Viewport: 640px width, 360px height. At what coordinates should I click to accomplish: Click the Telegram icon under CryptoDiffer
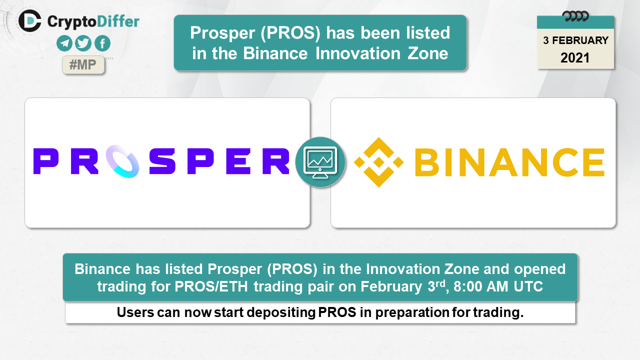64,43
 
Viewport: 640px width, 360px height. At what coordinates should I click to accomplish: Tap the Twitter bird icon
83,43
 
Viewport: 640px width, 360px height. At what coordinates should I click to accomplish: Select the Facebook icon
102,43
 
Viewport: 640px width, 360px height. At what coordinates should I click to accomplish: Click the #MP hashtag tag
83,64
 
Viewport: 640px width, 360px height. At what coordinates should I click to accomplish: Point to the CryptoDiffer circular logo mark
29,21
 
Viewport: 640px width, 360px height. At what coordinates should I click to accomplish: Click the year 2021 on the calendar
575,58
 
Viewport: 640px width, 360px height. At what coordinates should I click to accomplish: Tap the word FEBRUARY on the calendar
580,40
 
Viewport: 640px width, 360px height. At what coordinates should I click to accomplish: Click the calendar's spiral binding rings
575,16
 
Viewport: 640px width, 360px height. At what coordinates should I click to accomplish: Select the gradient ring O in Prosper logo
122,161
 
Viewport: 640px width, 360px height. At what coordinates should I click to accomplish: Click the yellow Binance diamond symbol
379,162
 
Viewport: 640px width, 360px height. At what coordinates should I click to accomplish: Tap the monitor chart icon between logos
320,162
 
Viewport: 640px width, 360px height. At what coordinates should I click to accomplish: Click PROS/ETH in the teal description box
211,286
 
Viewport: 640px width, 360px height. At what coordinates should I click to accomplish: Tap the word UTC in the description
528,286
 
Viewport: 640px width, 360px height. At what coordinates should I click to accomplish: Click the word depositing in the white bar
281,312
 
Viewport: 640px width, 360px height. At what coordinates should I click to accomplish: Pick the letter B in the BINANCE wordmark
426,162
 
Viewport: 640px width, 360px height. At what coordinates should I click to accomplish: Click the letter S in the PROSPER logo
162,161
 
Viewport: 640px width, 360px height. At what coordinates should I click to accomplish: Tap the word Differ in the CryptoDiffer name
118,21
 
